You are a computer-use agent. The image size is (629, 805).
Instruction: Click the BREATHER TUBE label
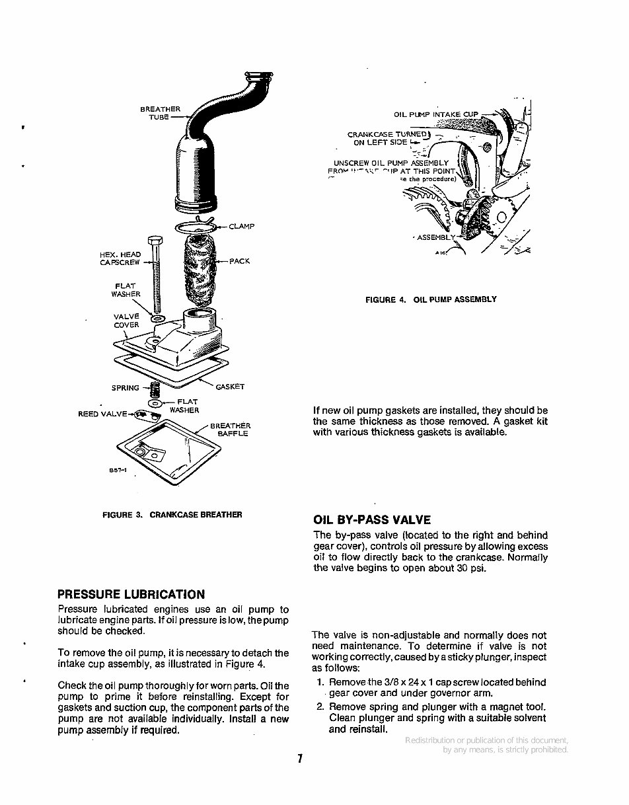click(160, 113)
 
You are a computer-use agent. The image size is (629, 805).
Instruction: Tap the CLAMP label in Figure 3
click(241, 227)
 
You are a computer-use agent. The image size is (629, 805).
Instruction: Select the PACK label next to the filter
click(239, 261)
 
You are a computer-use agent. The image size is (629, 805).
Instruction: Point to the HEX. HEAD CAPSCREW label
click(120, 258)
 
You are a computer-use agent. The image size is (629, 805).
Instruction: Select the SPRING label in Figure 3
click(125, 388)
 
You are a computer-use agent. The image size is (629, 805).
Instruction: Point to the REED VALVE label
click(102, 414)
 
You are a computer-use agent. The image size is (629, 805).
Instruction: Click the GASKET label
click(230, 387)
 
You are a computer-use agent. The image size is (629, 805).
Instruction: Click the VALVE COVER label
click(126, 321)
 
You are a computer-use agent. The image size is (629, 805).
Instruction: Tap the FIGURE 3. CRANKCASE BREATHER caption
click(172, 514)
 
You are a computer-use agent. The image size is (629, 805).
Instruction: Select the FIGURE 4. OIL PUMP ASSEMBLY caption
click(431, 299)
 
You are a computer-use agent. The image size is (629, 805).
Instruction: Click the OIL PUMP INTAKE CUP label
click(435, 114)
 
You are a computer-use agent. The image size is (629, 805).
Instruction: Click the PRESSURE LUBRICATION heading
click(131, 594)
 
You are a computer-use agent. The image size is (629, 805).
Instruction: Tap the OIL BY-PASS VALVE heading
click(372, 519)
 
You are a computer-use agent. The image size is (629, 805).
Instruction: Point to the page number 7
click(299, 759)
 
